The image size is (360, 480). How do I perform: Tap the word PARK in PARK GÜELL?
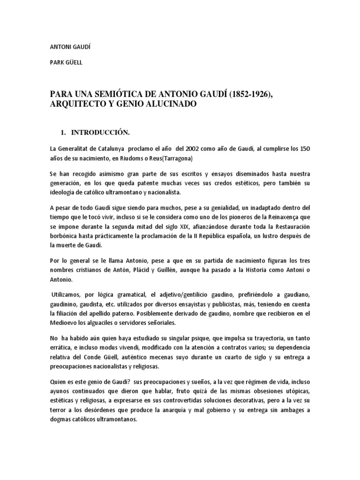point(57,62)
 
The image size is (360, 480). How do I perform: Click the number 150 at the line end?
point(304,149)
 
